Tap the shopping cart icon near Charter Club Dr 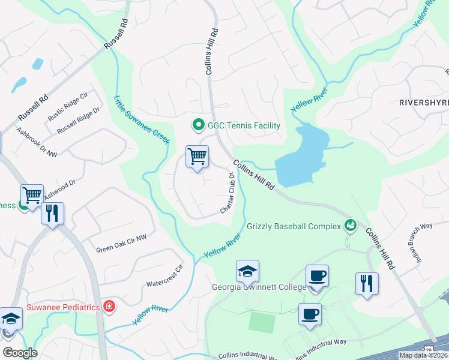(x=197, y=157)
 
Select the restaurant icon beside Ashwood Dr (x=52, y=213)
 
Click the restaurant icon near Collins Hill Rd (x=367, y=283)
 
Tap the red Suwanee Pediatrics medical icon (x=109, y=307)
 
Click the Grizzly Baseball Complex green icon (x=350, y=226)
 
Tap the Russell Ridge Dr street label (x=78, y=122)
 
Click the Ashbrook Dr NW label (x=37, y=143)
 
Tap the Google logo (x=20, y=353)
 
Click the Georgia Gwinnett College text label (x=259, y=287)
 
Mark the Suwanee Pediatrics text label (x=63, y=308)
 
